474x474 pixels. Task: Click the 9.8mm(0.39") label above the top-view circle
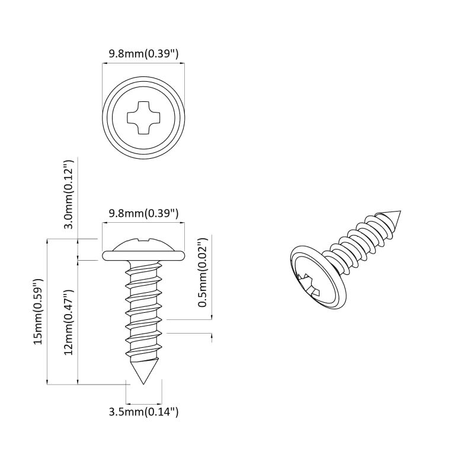tap(143, 54)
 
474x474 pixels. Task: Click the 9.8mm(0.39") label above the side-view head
tap(143, 213)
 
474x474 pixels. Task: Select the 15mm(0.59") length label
tap(37, 312)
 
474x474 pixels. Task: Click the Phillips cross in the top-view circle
tap(143, 117)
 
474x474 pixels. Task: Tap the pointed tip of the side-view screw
tap(143, 382)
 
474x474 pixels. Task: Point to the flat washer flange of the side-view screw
tap(143, 256)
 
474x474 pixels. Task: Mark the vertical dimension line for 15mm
tap(47, 312)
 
